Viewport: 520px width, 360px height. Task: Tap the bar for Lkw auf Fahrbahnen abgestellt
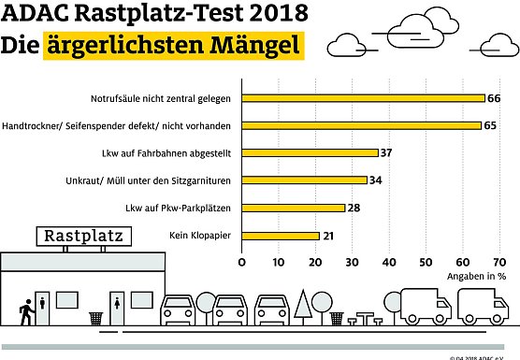[x=310, y=152]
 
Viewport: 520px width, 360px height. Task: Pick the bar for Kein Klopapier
[x=281, y=235]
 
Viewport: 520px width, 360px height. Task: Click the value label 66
[x=493, y=97]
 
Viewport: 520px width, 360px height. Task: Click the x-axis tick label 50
[x=426, y=263]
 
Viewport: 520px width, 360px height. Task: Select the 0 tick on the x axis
[x=242, y=263]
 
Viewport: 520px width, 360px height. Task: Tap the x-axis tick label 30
[x=353, y=263]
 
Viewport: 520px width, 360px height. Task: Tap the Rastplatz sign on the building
[x=82, y=236]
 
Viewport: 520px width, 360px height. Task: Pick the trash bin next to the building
[x=95, y=318]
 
